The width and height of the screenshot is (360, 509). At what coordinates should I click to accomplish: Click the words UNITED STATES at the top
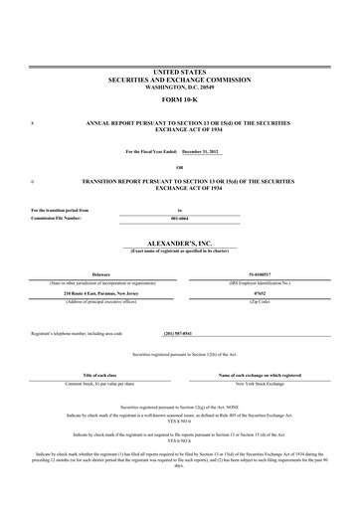tap(179, 73)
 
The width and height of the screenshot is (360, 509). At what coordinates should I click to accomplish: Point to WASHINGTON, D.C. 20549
tap(179, 87)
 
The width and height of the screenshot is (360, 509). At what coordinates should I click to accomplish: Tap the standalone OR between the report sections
tap(179, 167)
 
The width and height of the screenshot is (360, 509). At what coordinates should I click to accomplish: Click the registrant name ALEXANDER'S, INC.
tap(179, 242)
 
